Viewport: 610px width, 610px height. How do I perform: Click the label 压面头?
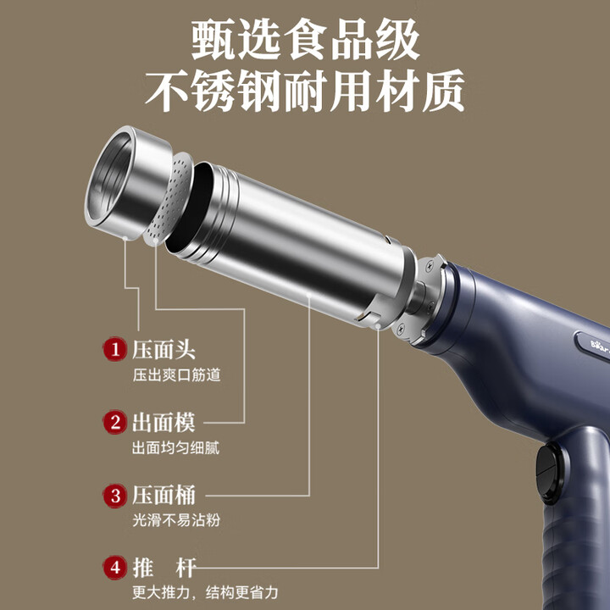pyautogui.click(x=164, y=349)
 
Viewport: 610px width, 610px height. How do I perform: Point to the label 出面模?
pyautogui.click(x=164, y=422)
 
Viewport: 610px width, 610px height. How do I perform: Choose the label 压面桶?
pyautogui.click(x=164, y=495)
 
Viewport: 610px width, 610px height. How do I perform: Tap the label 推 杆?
pyautogui.click(x=164, y=567)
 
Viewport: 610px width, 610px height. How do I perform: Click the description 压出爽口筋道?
pyautogui.click(x=175, y=374)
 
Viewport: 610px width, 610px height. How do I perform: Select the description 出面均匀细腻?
pyautogui.click(x=175, y=447)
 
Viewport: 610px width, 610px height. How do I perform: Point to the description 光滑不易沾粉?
pyautogui.click(x=175, y=520)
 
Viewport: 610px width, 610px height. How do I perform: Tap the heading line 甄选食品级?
pyautogui.click(x=305, y=38)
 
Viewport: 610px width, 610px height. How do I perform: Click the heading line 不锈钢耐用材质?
pyautogui.click(x=305, y=91)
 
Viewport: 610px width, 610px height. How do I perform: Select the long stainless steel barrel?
pyautogui.click(x=288, y=246)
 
